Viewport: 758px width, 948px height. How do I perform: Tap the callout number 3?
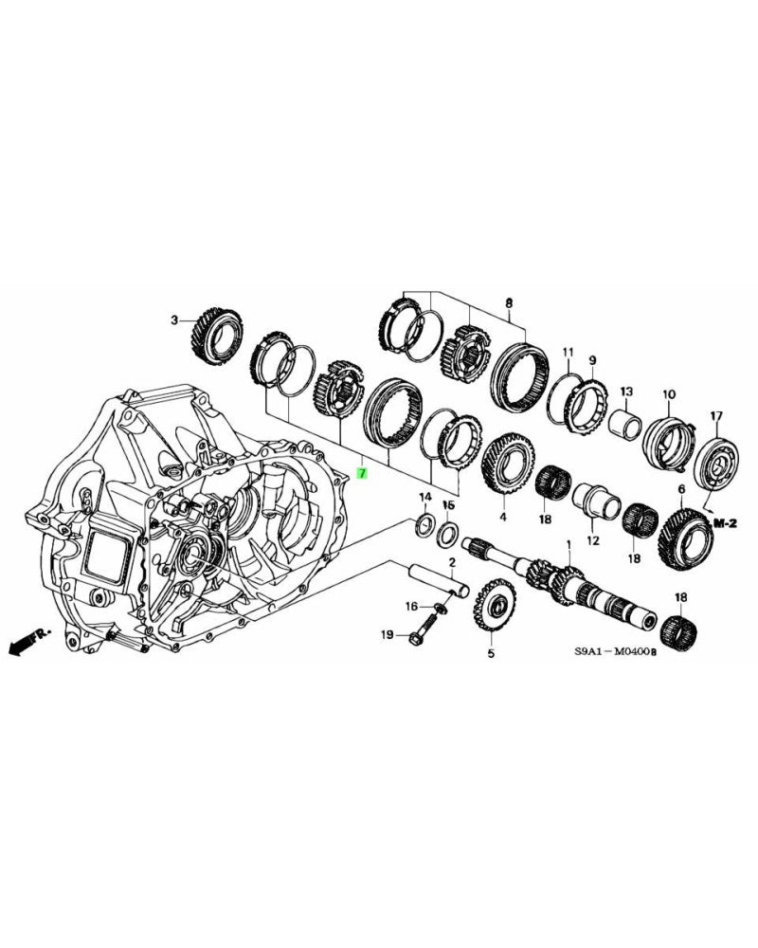click(174, 321)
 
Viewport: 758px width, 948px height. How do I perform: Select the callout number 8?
click(508, 302)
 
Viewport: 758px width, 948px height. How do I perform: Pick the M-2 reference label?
click(726, 522)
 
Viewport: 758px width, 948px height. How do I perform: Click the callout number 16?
click(411, 606)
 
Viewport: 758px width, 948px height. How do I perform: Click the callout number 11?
click(568, 354)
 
